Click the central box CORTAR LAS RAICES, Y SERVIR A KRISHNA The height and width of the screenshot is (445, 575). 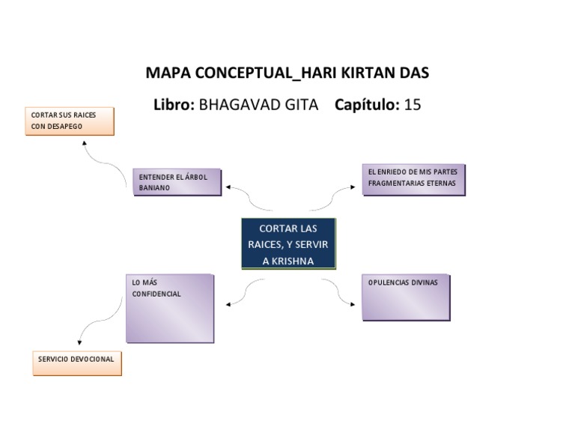288,243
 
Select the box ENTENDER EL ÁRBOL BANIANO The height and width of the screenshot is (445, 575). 177,182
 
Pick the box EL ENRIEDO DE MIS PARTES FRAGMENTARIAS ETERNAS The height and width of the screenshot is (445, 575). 413,180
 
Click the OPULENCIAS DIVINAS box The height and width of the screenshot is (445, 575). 406,297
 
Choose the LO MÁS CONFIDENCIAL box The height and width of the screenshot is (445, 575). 169,308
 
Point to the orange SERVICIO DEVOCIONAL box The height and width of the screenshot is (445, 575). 76,363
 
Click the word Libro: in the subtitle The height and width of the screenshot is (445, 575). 174,105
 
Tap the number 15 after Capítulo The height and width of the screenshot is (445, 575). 413,105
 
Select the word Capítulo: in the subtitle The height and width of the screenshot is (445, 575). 367,105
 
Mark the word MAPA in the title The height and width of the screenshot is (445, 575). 168,73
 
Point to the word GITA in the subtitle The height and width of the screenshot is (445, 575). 298,105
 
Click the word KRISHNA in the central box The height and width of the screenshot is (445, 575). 295,261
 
